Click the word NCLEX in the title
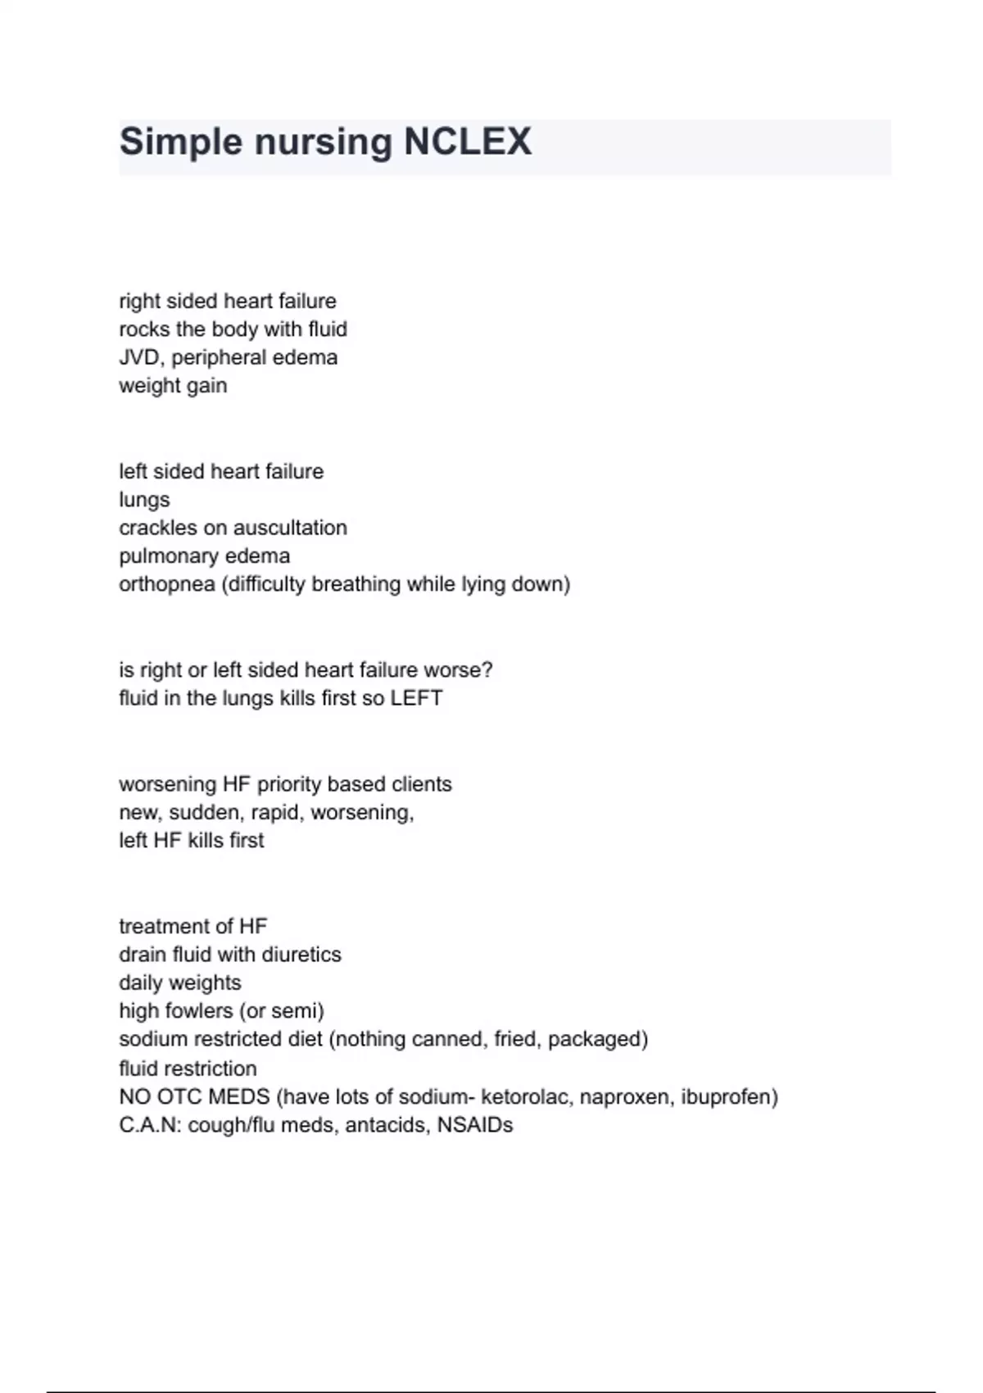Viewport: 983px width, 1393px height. tap(468, 142)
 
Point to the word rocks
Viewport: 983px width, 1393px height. tap(143, 329)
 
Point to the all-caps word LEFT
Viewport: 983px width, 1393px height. tap(416, 698)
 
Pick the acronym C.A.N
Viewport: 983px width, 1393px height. tap(150, 1125)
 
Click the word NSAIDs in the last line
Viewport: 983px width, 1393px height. tap(475, 1125)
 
